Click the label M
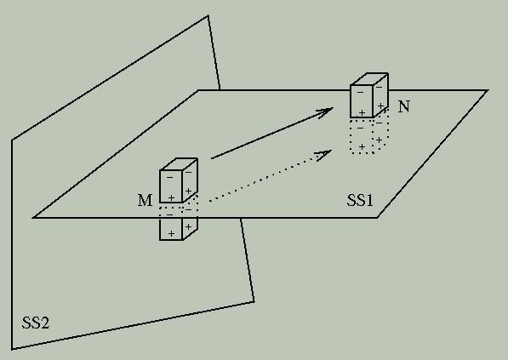pyautogui.click(x=145, y=200)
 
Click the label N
pyautogui.click(x=403, y=106)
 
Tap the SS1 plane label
pyautogui.click(x=360, y=200)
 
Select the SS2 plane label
pyautogui.click(x=36, y=323)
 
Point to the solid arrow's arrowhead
pyautogui.click(x=325, y=112)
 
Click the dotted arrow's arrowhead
pyautogui.click(x=324, y=155)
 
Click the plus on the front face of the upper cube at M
pyautogui.click(x=171, y=197)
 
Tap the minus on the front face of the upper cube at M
pyautogui.click(x=169, y=178)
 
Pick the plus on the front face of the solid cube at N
pyautogui.click(x=362, y=112)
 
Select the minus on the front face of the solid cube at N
pyautogui.click(x=360, y=93)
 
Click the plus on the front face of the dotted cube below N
pyautogui.click(x=362, y=146)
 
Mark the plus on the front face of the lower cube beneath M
pyautogui.click(x=171, y=233)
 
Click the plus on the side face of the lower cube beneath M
pyautogui.click(x=188, y=226)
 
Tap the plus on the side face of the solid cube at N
pyautogui.click(x=380, y=106)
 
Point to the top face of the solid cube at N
pyautogui.click(x=369, y=79)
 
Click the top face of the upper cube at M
pyautogui.click(x=179, y=164)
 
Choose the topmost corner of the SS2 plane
pyautogui.click(x=208, y=15)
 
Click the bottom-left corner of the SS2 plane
pyautogui.click(x=12, y=349)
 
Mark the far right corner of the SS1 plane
pyautogui.click(x=488, y=90)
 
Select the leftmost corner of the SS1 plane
pyautogui.click(x=33, y=217)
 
